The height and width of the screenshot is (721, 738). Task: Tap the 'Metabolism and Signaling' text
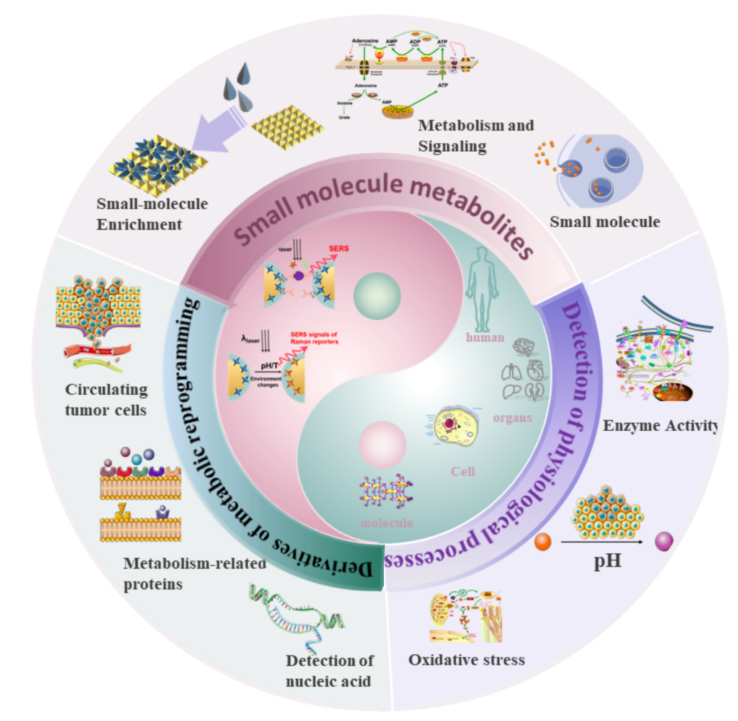(x=476, y=136)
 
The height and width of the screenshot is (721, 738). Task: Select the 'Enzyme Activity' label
(x=660, y=426)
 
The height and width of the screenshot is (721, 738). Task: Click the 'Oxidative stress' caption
(x=466, y=659)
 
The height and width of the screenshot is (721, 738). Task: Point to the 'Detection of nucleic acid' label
(x=329, y=670)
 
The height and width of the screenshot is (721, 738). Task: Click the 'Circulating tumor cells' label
(x=106, y=399)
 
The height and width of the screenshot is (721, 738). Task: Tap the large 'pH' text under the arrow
(x=608, y=561)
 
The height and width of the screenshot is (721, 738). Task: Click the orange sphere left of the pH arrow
(x=543, y=541)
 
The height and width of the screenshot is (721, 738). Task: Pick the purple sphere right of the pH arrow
(x=664, y=540)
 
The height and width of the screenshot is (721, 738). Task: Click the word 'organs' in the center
(x=512, y=417)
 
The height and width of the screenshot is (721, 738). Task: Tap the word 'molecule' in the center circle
(x=388, y=523)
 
